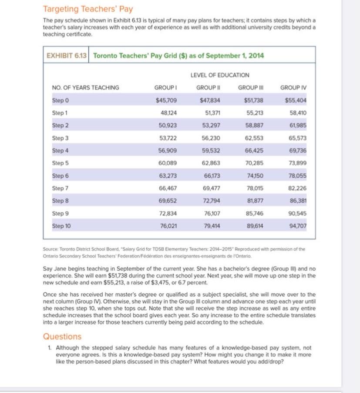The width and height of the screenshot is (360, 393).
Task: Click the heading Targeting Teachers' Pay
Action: click(88, 9)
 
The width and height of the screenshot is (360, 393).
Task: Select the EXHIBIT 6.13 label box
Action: click(67, 55)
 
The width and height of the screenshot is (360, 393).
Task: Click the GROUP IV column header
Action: click(294, 88)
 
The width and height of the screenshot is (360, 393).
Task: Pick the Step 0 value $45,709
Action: click(166, 100)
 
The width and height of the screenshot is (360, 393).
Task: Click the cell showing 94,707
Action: click(297, 226)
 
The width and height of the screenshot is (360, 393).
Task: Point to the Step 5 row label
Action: click(61, 163)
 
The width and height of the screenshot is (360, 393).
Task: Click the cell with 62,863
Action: click(211, 163)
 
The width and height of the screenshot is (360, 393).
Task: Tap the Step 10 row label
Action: click(62, 226)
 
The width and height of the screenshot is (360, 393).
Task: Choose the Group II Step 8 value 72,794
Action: click(211, 201)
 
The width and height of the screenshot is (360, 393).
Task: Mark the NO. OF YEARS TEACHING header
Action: click(85, 88)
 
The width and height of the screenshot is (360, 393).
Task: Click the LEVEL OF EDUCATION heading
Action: click(220, 75)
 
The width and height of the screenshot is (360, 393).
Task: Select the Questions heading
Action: click(62, 336)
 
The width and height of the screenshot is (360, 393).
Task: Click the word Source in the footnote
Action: click(51, 249)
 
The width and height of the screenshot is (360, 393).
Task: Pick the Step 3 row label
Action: click(61, 138)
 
